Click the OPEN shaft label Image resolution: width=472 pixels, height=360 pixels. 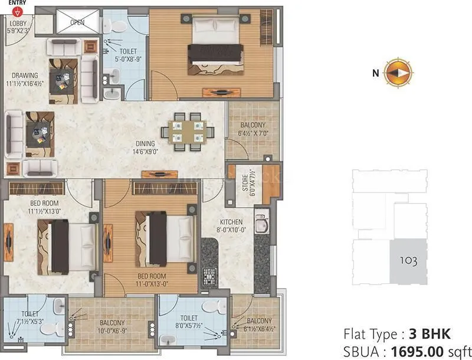point(77,22)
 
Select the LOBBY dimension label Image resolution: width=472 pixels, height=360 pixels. point(17,27)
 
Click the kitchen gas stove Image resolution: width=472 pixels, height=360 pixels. point(209,275)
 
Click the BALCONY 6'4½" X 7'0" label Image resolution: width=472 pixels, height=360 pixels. point(253,129)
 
